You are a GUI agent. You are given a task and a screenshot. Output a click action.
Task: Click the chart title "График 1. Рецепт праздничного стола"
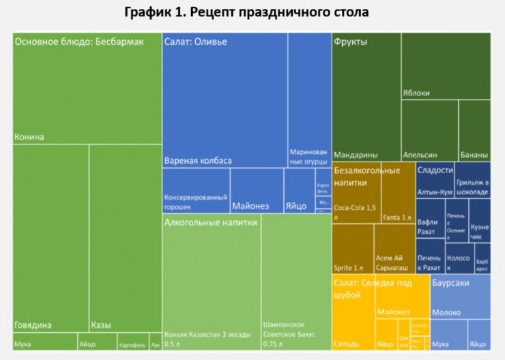[x=252, y=12]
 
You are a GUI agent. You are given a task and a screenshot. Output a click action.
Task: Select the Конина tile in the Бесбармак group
[x=87, y=95]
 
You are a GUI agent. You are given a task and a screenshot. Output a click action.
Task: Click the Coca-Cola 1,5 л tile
[x=356, y=198]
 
